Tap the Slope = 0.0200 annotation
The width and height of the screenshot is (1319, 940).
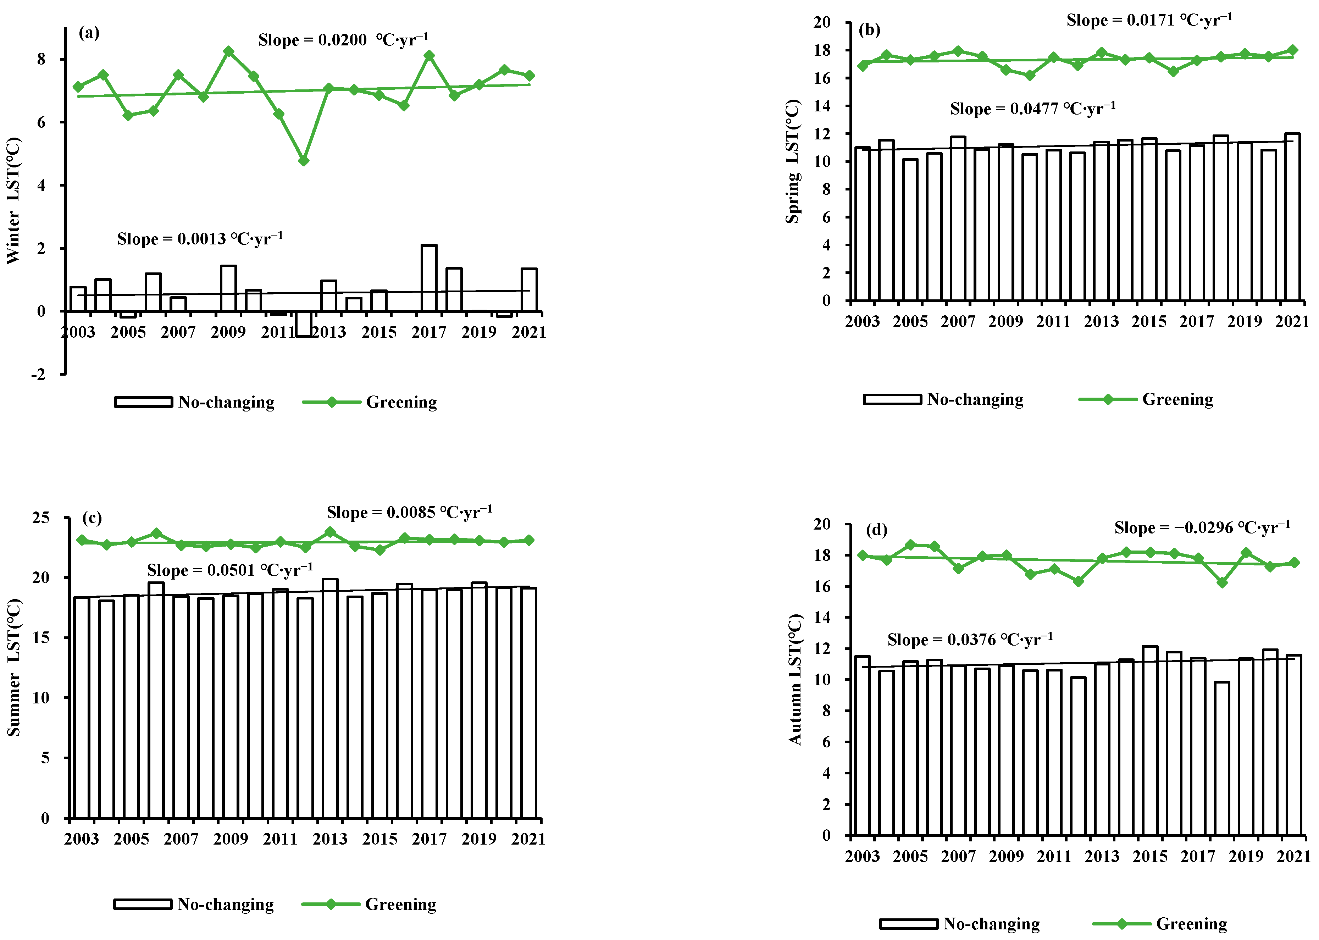click(x=343, y=40)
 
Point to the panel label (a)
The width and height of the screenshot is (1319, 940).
click(x=89, y=33)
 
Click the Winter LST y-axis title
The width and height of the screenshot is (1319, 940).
click(x=13, y=201)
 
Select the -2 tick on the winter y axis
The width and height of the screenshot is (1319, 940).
click(x=38, y=375)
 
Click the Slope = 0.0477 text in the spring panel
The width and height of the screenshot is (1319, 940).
click(x=1032, y=109)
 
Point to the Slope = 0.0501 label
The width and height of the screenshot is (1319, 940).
click(x=230, y=570)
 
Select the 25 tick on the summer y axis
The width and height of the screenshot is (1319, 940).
click(x=41, y=518)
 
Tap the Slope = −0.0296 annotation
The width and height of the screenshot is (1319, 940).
click(x=1202, y=528)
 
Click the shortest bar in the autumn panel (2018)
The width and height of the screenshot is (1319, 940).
click(x=1222, y=759)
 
